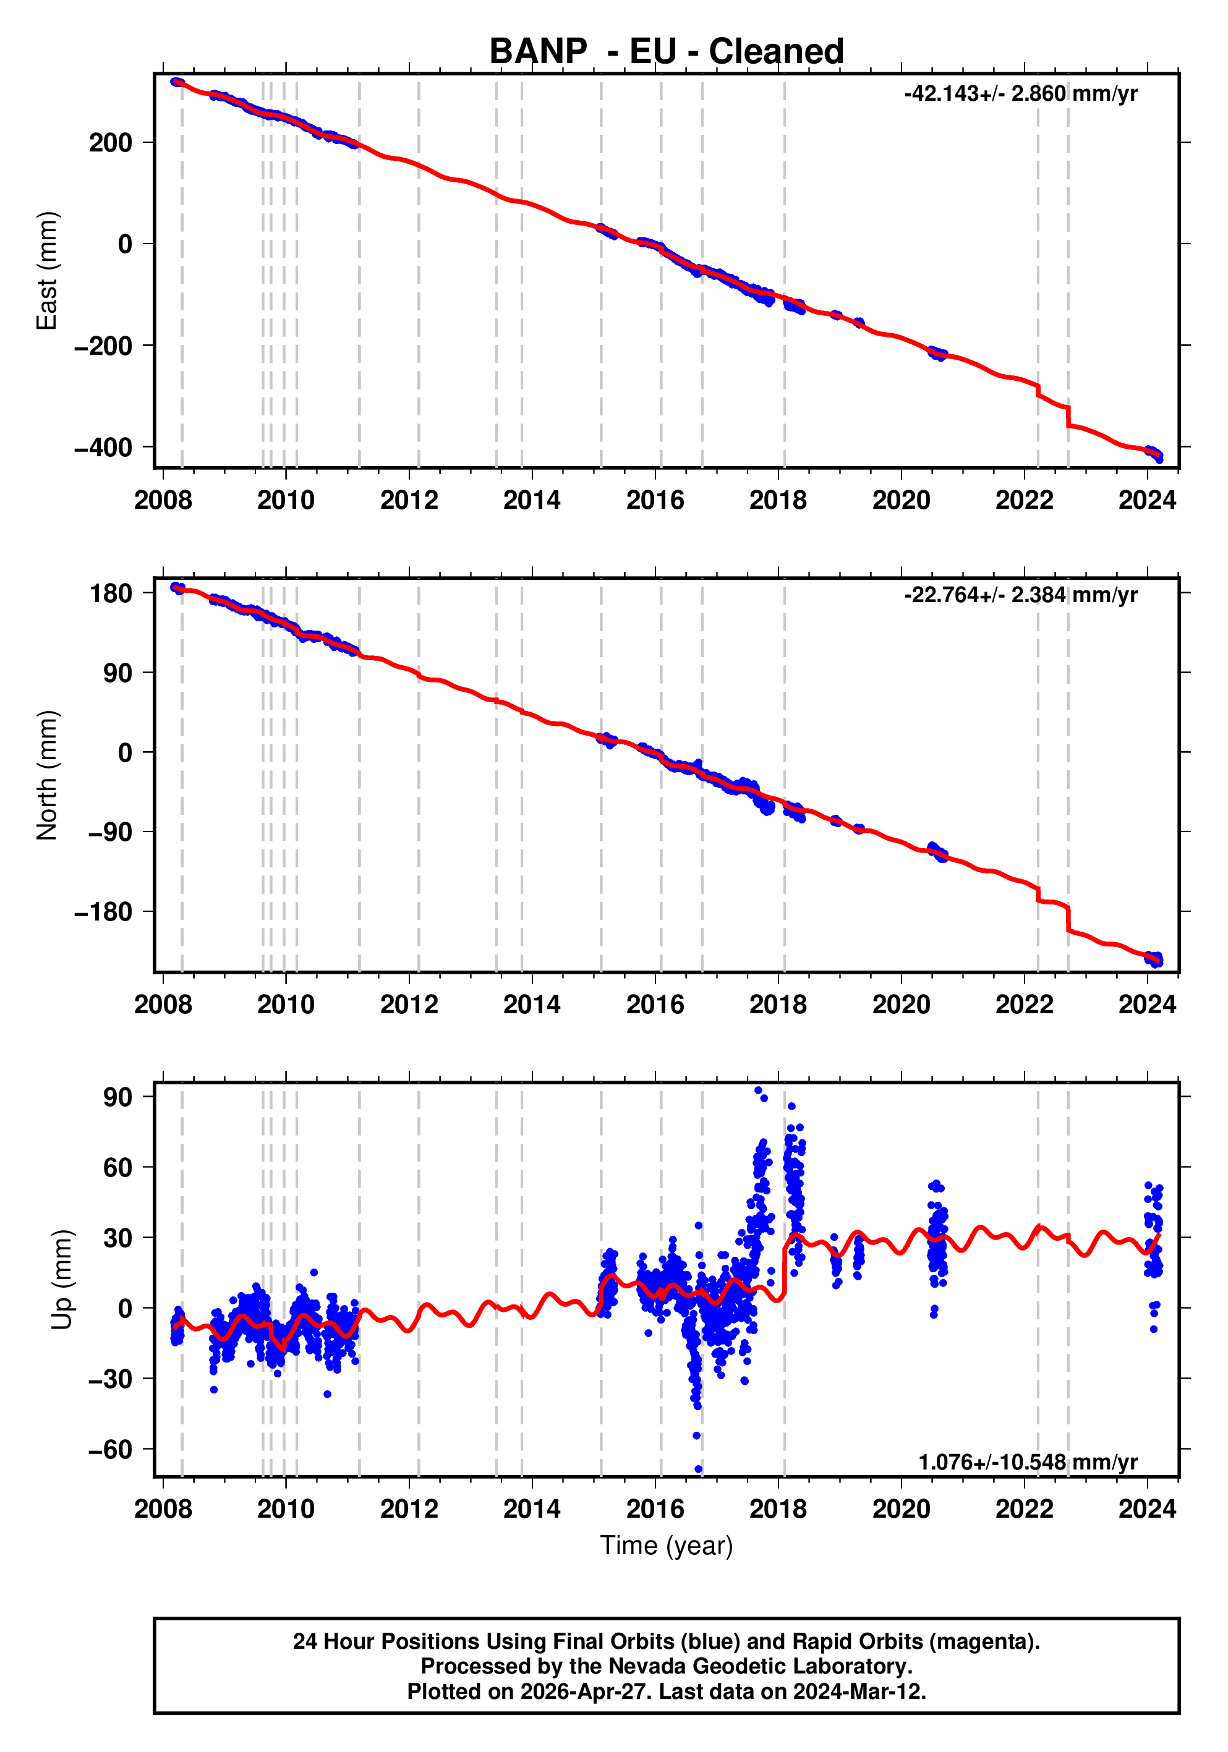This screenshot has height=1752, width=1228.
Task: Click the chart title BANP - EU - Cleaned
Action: tap(667, 52)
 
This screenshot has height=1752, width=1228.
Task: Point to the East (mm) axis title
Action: tap(48, 271)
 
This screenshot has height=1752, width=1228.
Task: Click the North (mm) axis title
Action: tap(48, 775)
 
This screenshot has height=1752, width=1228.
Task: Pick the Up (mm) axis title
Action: tap(62, 1279)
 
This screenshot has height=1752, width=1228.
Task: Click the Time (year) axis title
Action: tap(667, 1545)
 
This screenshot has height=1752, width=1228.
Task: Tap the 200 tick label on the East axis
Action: tap(111, 143)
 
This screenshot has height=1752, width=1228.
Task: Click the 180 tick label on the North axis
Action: tap(111, 593)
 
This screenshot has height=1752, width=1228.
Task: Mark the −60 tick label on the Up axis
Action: tap(110, 1449)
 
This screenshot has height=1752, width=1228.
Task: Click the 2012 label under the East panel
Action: tap(409, 501)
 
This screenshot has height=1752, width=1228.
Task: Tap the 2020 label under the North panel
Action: tap(902, 1004)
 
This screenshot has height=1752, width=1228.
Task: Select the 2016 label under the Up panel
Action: tap(655, 1508)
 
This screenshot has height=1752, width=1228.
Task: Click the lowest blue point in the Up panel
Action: tap(698, 1469)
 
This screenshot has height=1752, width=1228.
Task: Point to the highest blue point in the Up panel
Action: tap(758, 1091)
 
